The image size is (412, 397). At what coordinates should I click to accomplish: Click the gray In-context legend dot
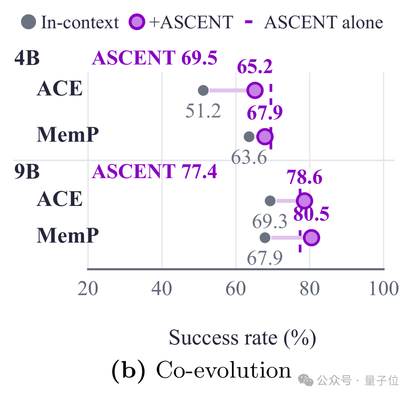click(x=28, y=22)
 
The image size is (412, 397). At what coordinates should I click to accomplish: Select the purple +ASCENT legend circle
click(x=137, y=22)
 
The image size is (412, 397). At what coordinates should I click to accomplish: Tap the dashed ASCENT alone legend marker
click(x=249, y=22)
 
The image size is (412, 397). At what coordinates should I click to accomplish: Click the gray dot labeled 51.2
click(x=203, y=90)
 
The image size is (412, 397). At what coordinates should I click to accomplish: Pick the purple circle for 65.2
click(x=255, y=90)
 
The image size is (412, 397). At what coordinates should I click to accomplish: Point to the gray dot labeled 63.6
click(x=249, y=137)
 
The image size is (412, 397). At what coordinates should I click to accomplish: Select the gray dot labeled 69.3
click(x=270, y=201)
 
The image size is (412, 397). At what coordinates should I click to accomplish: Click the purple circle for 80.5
click(x=311, y=238)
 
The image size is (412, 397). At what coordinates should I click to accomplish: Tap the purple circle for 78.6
click(x=304, y=201)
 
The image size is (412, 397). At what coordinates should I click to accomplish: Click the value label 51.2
click(x=203, y=111)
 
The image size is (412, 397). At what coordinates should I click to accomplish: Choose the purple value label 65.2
click(x=255, y=67)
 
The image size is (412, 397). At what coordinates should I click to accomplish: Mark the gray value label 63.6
click(x=249, y=158)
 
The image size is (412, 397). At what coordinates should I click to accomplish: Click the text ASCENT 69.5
click(x=155, y=58)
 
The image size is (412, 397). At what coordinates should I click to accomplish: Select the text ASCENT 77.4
click(x=155, y=171)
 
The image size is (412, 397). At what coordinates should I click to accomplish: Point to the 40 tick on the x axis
click(x=162, y=288)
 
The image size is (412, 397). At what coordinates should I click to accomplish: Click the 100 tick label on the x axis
click(x=384, y=288)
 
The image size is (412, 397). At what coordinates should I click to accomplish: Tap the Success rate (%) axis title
click(x=242, y=338)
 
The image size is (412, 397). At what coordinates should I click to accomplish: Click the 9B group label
click(x=27, y=171)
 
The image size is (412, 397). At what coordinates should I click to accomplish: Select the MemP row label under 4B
click(x=68, y=134)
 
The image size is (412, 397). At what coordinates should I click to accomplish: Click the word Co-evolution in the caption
click(x=224, y=370)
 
